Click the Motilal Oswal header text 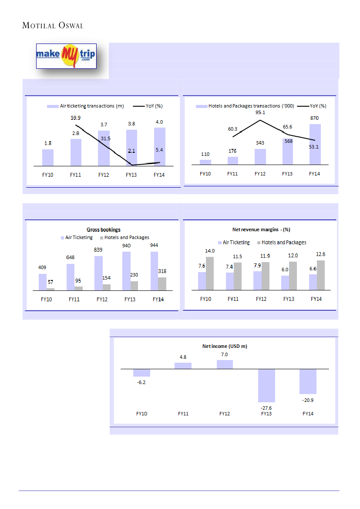click(x=52, y=26)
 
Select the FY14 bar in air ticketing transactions click(x=159, y=146)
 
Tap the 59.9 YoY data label click(x=76, y=118)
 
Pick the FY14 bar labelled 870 click(x=315, y=144)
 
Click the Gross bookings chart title click(x=103, y=229)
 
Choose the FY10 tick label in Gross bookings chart click(x=47, y=300)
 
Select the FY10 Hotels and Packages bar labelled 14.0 click(x=210, y=273)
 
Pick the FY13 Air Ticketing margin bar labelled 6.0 click(x=285, y=283)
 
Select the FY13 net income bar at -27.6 click(x=266, y=385)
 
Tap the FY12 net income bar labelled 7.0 click(x=225, y=364)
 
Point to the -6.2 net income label click(x=141, y=382)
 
